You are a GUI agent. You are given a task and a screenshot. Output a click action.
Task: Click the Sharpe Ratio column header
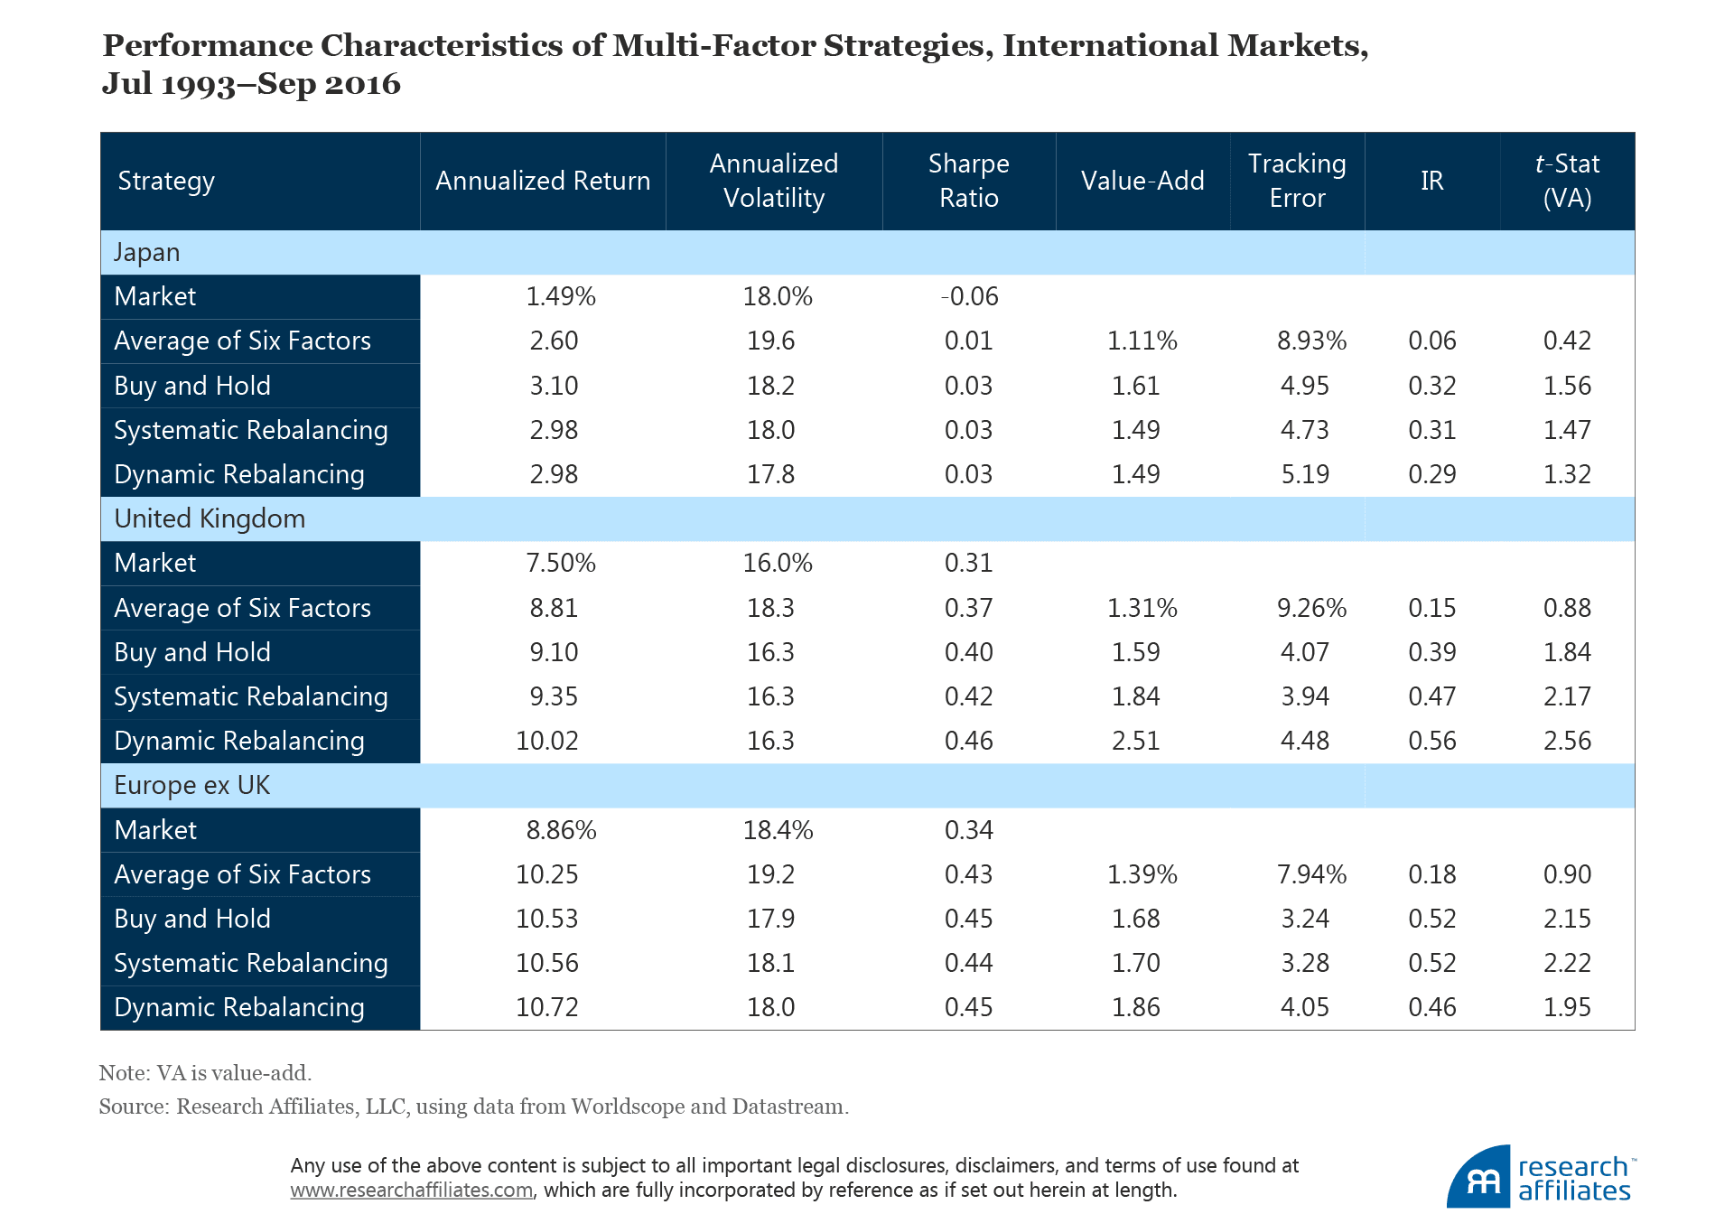pos(968,181)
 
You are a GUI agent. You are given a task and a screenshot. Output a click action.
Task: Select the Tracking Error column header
pos(1297,181)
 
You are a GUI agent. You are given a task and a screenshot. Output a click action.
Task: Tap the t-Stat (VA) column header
pos(1567,181)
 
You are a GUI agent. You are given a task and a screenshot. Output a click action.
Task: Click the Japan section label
pos(146,252)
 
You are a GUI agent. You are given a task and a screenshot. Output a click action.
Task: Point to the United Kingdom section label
pos(210,518)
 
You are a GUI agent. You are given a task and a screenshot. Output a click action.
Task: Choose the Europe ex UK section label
pos(191,785)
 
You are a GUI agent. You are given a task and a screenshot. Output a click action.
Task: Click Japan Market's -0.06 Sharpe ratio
pos(968,296)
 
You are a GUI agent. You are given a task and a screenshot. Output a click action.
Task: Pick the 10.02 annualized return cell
pos(546,741)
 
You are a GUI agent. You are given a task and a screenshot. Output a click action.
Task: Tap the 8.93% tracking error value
pos(1311,341)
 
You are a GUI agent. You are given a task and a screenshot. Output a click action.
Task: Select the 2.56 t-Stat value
pos(1567,741)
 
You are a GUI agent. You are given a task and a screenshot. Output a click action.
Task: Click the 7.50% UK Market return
pos(560,563)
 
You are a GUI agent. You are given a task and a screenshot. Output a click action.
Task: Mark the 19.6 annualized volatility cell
pos(770,341)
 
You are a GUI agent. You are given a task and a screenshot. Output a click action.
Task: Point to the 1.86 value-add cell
pos(1135,1007)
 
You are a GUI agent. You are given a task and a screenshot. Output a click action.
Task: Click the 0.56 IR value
pos(1431,741)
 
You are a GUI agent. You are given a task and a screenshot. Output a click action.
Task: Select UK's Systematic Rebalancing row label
pos(250,696)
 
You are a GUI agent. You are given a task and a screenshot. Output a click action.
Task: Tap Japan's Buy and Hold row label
pos(192,386)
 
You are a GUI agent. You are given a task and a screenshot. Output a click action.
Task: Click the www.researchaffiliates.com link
pos(411,1190)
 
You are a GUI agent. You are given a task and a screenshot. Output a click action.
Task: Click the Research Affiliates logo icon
pos(1478,1178)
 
